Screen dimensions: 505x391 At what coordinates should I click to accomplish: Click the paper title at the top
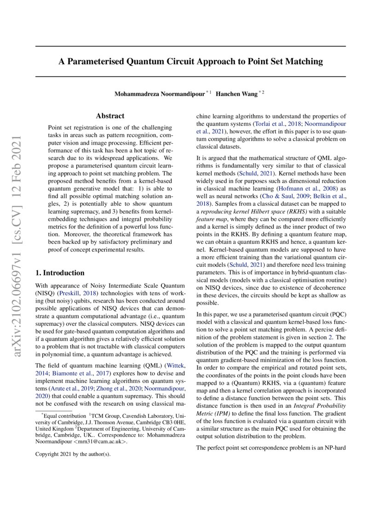click(190, 61)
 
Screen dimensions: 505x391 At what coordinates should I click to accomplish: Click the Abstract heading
click(110, 116)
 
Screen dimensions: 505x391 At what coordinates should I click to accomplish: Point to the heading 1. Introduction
click(60, 273)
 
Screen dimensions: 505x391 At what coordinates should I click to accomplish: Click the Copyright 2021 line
click(73, 454)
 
